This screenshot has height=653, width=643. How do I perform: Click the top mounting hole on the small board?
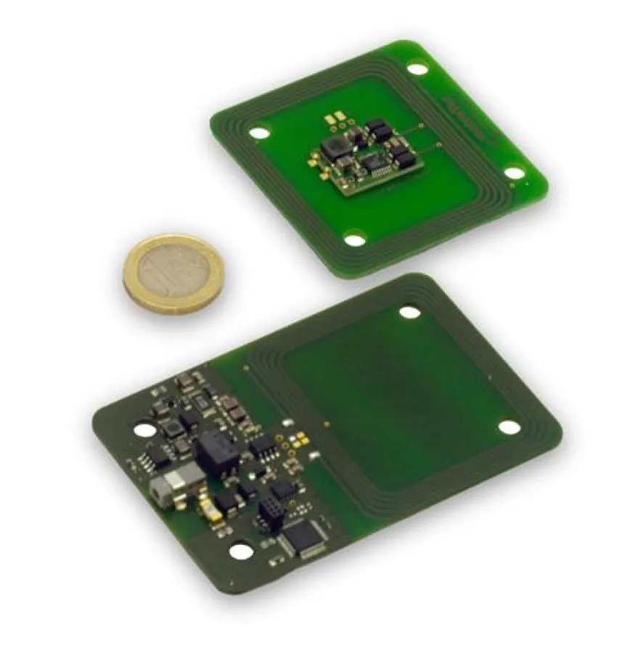point(417,70)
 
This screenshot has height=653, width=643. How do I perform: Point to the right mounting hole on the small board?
point(513,173)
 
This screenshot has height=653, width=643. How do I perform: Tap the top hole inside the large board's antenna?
point(409,313)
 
